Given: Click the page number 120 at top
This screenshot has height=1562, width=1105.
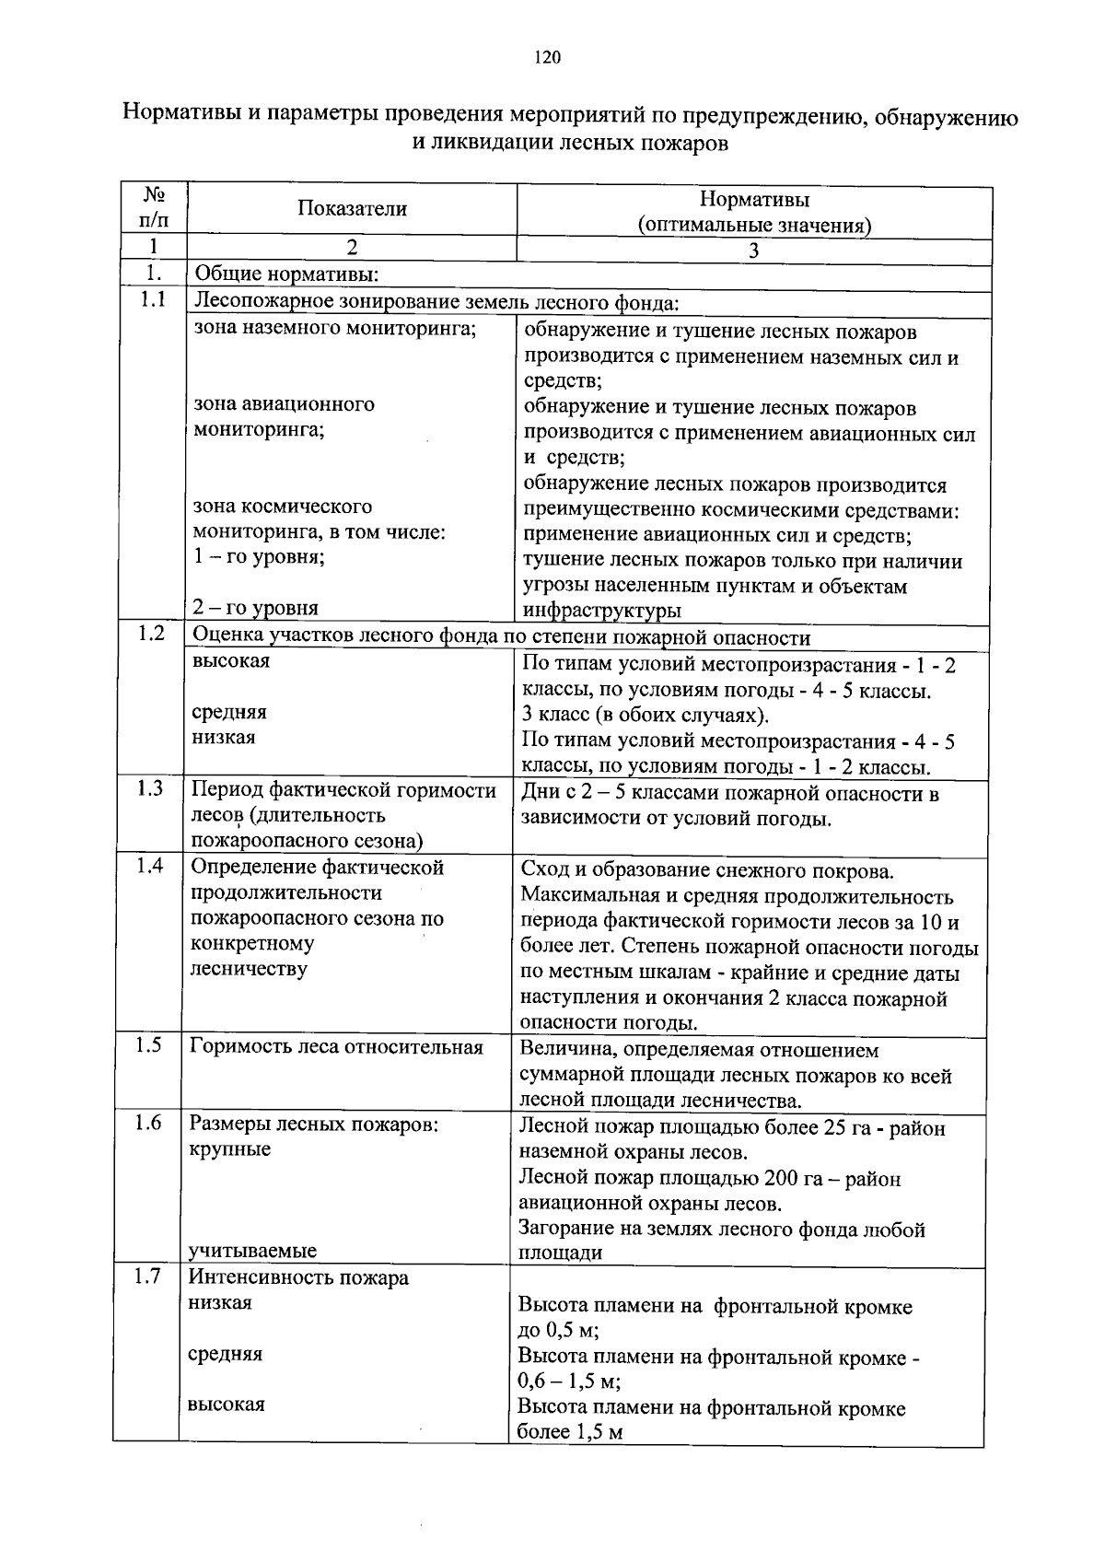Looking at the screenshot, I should (x=547, y=58).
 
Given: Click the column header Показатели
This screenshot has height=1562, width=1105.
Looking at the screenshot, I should (x=352, y=209).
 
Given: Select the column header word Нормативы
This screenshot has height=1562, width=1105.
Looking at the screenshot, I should (x=754, y=199).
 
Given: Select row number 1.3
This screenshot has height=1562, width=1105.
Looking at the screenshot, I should (x=150, y=788).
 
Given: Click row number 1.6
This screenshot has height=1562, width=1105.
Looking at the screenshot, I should (x=148, y=1123).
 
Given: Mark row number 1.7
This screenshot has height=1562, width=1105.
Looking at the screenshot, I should (x=147, y=1276).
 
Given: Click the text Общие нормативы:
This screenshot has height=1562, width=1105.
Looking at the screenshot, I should (x=285, y=275).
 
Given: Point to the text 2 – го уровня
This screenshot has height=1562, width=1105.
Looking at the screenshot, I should (x=255, y=608).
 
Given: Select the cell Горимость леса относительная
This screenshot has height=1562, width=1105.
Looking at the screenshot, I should (x=336, y=1047).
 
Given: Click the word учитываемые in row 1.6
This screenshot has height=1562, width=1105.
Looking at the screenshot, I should (x=252, y=1251).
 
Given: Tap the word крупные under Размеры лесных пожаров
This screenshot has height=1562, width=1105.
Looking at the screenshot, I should (x=229, y=1149).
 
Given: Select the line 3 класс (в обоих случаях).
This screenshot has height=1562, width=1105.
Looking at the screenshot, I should (x=645, y=716).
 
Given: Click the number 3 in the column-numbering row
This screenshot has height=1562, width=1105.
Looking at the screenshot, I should (x=753, y=251).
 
